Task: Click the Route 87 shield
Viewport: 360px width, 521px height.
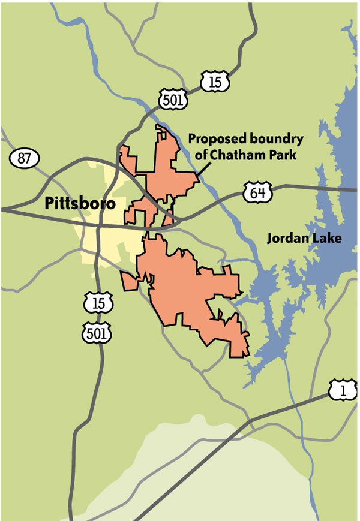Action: tap(25, 159)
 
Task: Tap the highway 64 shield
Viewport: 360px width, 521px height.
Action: tap(258, 193)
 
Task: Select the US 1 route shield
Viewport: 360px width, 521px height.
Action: tap(343, 391)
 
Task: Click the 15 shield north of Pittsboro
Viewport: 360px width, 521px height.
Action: tap(215, 82)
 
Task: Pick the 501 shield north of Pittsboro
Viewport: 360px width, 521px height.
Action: tap(173, 99)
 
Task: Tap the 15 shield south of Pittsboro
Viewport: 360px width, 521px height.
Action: tap(98, 302)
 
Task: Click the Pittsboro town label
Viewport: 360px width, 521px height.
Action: tap(79, 204)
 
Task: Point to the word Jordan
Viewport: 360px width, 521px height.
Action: tap(285, 239)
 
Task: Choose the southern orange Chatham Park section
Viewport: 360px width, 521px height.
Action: tap(186, 288)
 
